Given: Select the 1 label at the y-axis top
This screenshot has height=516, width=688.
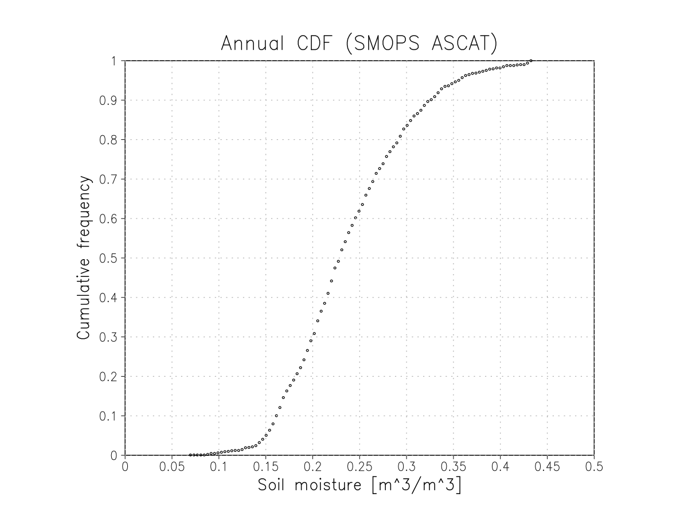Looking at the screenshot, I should (114, 61).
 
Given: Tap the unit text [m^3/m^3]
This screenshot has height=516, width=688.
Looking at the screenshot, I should (416, 486).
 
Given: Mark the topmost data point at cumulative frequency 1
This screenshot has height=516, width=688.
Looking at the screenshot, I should (531, 61).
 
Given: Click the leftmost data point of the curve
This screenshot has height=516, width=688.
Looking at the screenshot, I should (190, 455).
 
